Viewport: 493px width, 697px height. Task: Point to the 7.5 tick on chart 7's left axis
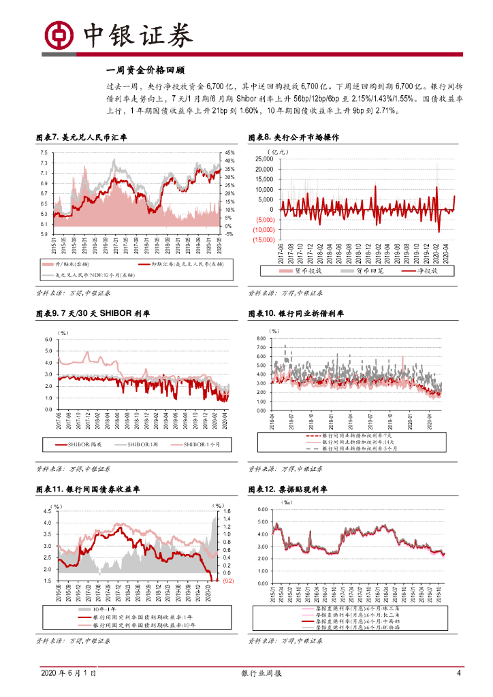(x=43, y=153)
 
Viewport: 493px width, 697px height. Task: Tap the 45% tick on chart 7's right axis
(x=229, y=153)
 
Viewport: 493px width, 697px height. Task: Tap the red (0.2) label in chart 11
(x=229, y=581)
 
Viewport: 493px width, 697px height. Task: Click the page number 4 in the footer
(x=458, y=673)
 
